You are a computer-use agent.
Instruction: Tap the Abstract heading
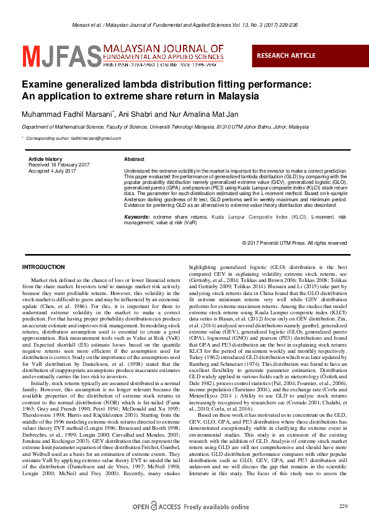pyautogui.click(x=135, y=160)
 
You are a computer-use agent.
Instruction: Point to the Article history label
pyautogui.click(x=45, y=160)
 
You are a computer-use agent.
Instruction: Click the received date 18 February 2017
pyautogui.click(x=59, y=165)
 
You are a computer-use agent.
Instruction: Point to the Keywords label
pyautogui.click(x=137, y=216)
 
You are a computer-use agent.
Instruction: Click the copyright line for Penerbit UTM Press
pyautogui.click(x=294, y=243)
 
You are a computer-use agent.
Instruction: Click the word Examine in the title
pyautogui.click(x=42, y=85)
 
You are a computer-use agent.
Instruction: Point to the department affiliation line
pyautogui.click(x=165, y=127)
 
